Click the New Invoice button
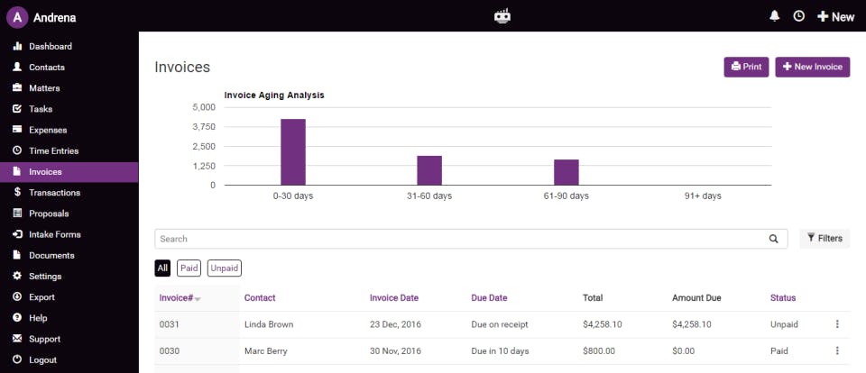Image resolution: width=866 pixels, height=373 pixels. pyautogui.click(x=812, y=67)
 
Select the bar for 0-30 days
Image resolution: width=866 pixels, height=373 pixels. pyautogui.click(x=293, y=151)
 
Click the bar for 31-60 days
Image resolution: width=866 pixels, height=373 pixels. pyautogui.click(x=429, y=170)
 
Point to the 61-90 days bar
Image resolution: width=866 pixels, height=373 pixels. pyautogui.click(x=566, y=172)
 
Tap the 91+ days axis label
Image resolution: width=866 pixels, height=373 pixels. pyautogui.click(x=703, y=196)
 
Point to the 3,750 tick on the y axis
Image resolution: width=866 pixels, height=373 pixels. pyautogui.click(x=203, y=126)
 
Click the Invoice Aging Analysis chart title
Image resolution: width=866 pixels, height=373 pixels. pyautogui.click(x=273, y=95)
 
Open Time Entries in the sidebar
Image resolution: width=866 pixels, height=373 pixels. pyautogui.click(x=53, y=150)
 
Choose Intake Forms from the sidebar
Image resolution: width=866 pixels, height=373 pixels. pyautogui.click(x=54, y=234)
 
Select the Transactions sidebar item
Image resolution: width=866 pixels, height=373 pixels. pyautogui.click(x=54, y=193)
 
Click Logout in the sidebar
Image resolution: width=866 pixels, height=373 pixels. pyautogui.click(x=42, y=359)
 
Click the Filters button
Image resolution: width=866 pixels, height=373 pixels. pyautogui.click(x=825, y=239)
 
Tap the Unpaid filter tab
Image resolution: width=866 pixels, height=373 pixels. pyautogui.click(x=224, y=268)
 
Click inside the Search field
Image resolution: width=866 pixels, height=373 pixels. pyautogui.click(x=460, y=239)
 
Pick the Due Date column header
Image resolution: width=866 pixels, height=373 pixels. pyautogui.click(x=489, y=297)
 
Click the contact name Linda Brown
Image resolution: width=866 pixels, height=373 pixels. pyautogui.click(x=269, y=324)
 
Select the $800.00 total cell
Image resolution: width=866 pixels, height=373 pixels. pyautogui.click(x=599, y=350)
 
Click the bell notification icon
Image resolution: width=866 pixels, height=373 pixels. pyautogui.click(x=774, y=16)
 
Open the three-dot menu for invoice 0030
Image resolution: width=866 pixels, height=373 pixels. pyautogui.click(x=837, y=350)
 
